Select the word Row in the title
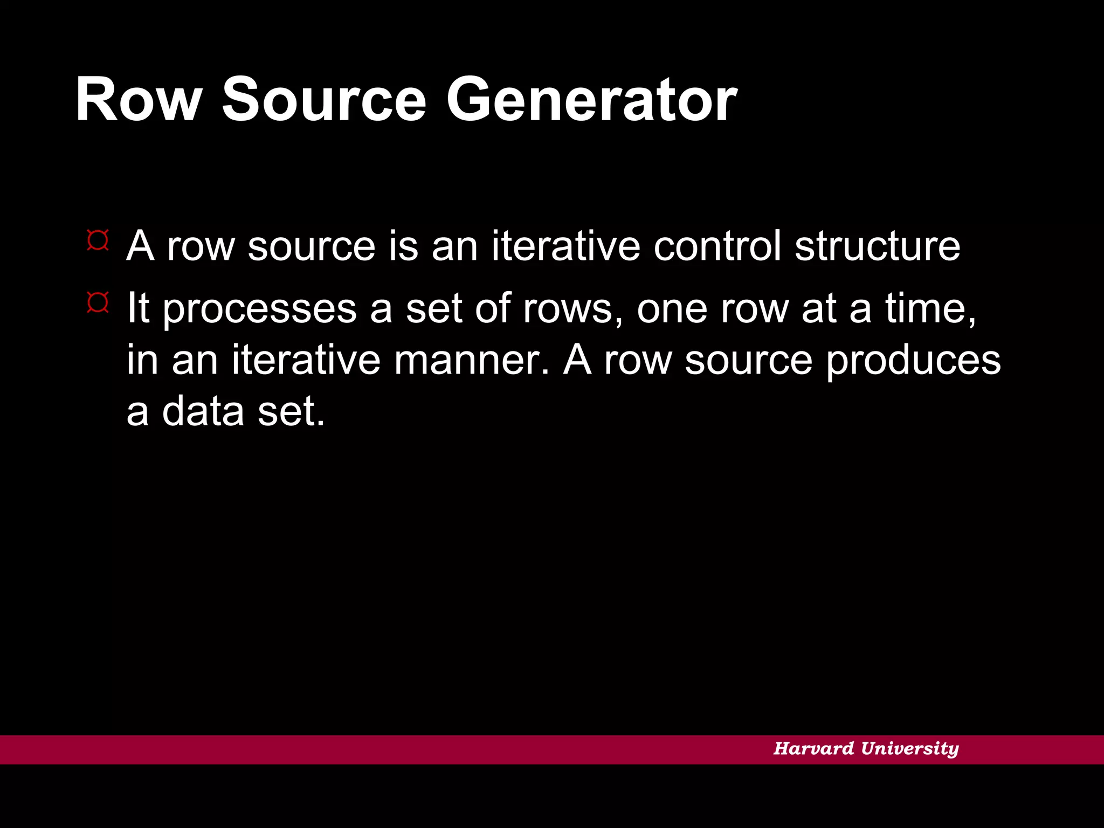click(x=139, y=101)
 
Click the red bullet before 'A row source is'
click(x=98, y=240)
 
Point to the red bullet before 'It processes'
click(x=98, y=303)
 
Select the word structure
click(x=877, y=247)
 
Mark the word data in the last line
click(x=203, y=411)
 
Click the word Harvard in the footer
click(x=814, y=749)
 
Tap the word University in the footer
click(x=910, y=749)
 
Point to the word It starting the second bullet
click(x=138, y=308)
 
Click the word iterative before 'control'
click(x=565, y=246)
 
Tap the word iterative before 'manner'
click(x=306, y=360)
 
